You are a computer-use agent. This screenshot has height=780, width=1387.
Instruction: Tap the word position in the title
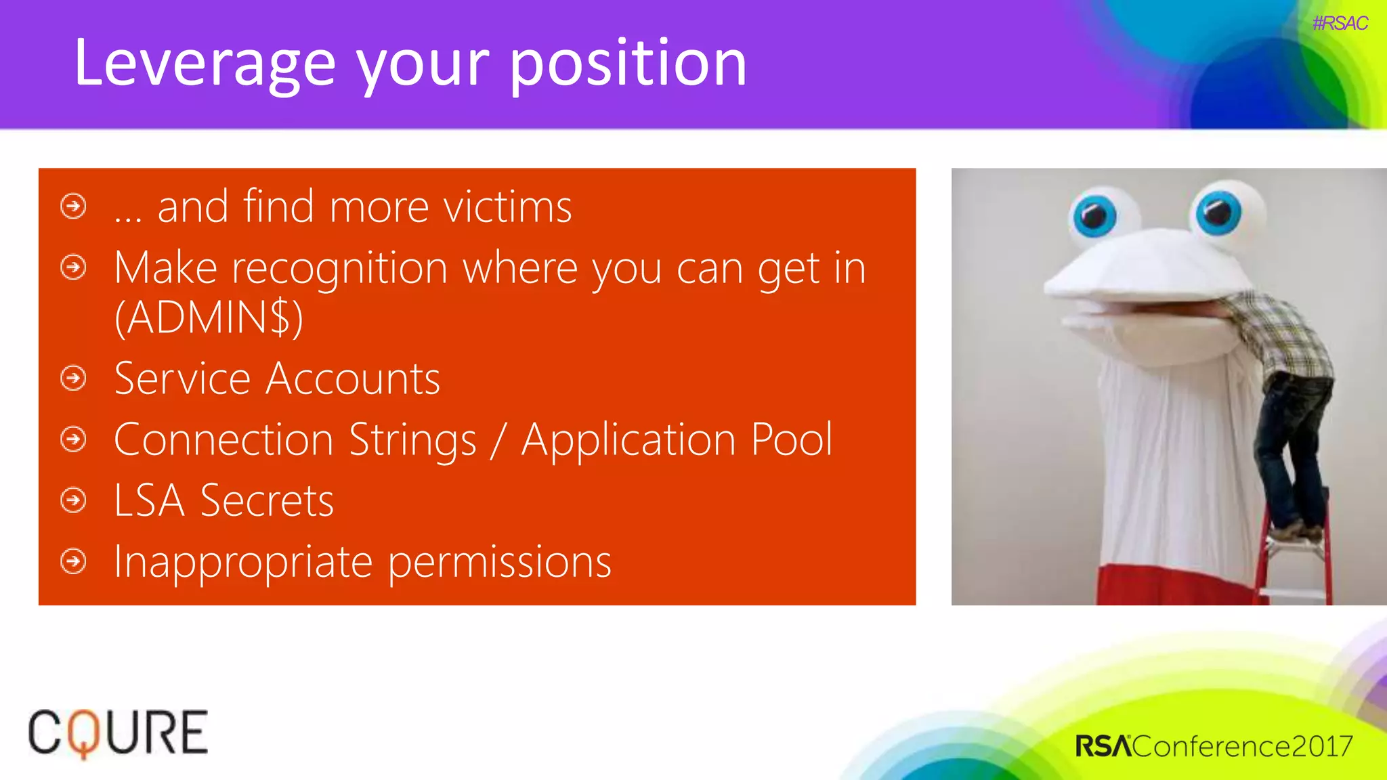click(x=628, y=64)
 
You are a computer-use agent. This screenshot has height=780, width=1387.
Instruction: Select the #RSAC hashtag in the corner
click(x=1340, y=23)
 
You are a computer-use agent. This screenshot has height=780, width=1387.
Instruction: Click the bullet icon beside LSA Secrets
click(x=73, y=500)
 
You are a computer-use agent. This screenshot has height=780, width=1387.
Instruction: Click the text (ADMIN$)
click(x=209, y=317)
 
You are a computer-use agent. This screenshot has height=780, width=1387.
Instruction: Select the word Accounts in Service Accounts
click(x=353, y=378)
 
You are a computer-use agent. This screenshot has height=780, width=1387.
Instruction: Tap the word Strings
click(x=413, y=440)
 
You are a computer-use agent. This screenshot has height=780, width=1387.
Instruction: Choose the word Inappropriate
click(x=243, y=562)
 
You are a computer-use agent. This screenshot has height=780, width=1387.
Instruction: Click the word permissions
click(x=499, y=562)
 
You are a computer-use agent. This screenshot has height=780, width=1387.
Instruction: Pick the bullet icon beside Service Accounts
click(x=73, y=378)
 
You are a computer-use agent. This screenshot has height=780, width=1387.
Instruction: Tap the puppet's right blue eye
click(x=1218, y=213)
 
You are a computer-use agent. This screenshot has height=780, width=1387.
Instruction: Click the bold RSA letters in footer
click(x=1103, y=746)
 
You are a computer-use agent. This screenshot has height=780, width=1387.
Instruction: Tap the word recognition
click(x=339, y=268)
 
